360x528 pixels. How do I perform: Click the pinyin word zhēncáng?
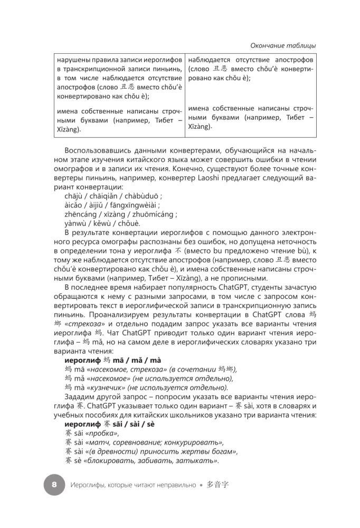[78, 215]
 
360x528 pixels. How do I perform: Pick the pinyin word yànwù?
[74, 224]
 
